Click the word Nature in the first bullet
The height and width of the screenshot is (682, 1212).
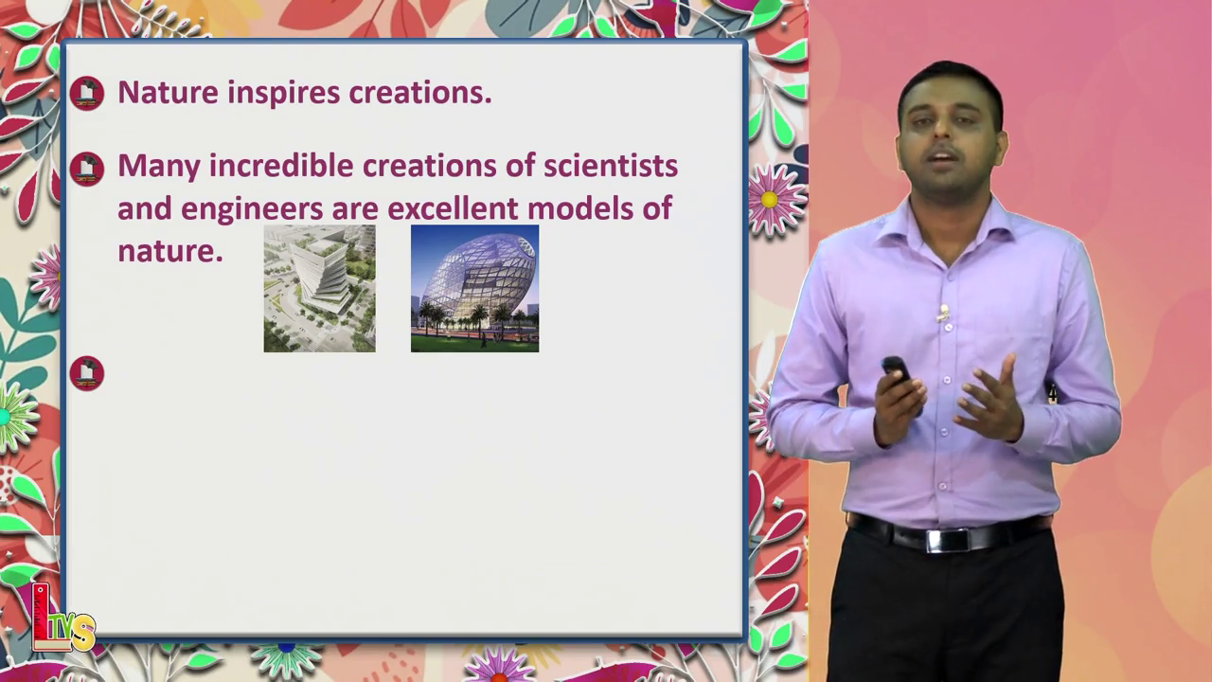169,92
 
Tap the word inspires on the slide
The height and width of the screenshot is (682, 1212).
284,93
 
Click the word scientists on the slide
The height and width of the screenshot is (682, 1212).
611,165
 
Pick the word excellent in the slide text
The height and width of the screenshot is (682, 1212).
453,208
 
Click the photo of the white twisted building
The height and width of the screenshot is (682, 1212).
320,289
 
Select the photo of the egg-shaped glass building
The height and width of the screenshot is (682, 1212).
474,289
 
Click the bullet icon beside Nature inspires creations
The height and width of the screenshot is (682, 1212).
86,93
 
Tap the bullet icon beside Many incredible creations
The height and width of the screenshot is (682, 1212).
86,169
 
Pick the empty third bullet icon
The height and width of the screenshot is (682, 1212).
86,373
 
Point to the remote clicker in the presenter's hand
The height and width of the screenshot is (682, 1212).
897,370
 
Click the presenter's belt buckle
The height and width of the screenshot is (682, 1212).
949,540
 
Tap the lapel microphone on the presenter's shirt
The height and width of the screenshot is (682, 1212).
944,312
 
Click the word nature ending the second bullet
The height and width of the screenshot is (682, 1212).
170,252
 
